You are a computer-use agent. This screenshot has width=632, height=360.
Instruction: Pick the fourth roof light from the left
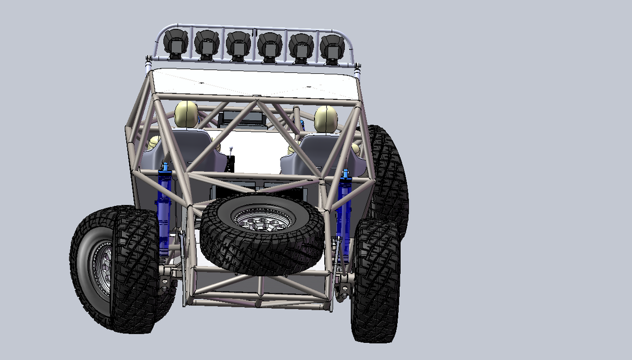270,45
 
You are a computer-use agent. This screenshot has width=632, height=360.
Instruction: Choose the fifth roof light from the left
301,45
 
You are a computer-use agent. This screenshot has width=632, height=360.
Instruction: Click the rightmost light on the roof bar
332,46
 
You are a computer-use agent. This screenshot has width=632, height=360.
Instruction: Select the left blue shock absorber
165,208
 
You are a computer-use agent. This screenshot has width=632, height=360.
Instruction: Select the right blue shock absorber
344,205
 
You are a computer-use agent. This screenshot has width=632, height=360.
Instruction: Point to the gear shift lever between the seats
232,156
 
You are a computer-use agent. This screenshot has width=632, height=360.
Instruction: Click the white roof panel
255,83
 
